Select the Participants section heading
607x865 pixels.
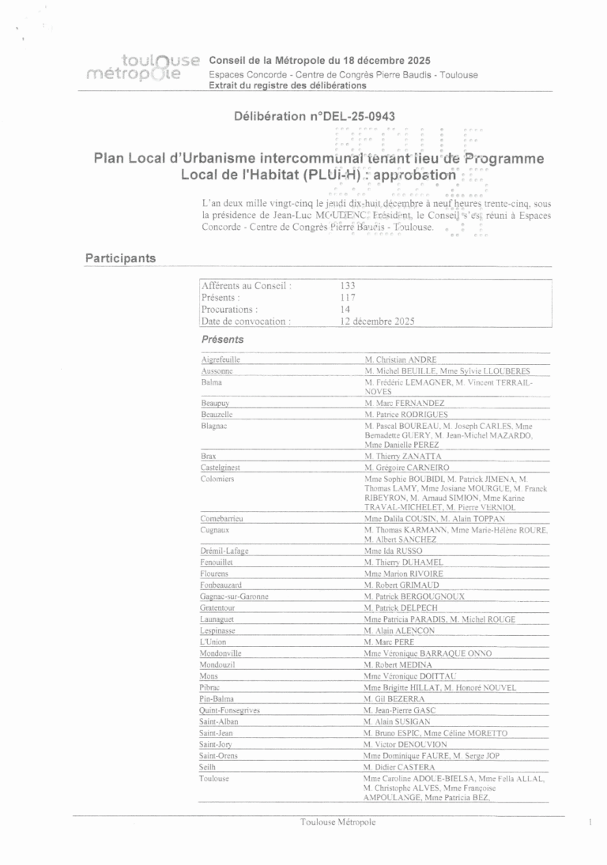[x=120, y=258]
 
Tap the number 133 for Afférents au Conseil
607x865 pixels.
[x=348, y=286]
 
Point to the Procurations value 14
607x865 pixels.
[x=345, y=310]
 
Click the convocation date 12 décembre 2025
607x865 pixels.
[x=377, y=322]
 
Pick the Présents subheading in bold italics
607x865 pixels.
[x=222, y=340]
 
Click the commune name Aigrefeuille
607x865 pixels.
[x=221, y=359]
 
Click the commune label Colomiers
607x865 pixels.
[x=217, y=479]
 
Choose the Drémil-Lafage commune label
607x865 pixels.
[x=224, y=551]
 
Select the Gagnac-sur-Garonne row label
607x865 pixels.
[x=234, y=596]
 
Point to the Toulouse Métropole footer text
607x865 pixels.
[x=337, y=822]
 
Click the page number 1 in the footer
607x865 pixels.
[x=590, y=822]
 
